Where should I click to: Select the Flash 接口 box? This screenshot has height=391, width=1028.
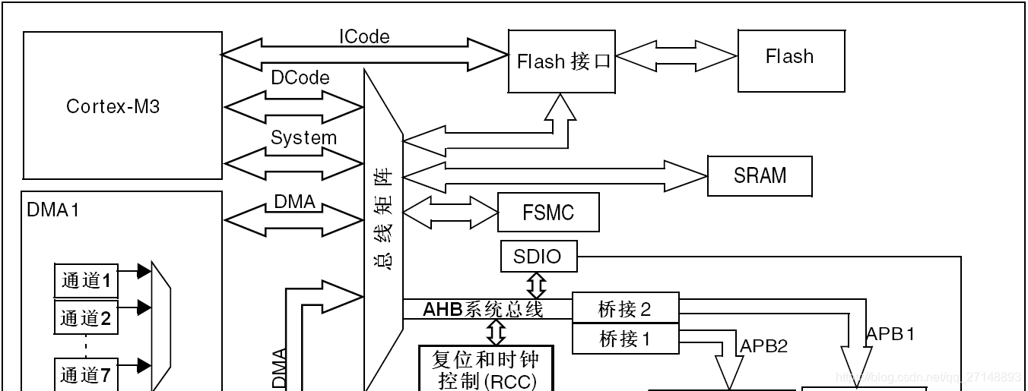click(562, 61)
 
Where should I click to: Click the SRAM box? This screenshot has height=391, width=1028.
click(760, 175)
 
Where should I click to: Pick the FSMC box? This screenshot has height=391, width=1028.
click(548, 213)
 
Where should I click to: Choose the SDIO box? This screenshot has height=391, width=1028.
click(538, 257)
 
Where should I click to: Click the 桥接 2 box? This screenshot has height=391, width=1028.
click(625, 309)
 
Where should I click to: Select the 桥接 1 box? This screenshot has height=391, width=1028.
click(625, 339)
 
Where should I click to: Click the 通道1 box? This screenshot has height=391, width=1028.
click(86, 281)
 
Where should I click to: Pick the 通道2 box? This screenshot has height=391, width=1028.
click(86, 317)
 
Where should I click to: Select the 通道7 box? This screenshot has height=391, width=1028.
click(86, 374)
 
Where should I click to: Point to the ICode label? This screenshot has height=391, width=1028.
click(364, 36)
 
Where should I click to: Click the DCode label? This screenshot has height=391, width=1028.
click(300, 77)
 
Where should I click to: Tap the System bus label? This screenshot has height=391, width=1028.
click(303, 138)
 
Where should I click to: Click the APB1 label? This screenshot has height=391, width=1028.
click(890, 334)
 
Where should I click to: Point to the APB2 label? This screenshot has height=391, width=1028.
click(764, 346)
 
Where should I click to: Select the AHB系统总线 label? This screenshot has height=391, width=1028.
click(483, 309)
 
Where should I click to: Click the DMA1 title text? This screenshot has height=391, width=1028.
click(53, 210)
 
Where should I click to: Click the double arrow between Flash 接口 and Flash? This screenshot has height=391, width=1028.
click(676, 56)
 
